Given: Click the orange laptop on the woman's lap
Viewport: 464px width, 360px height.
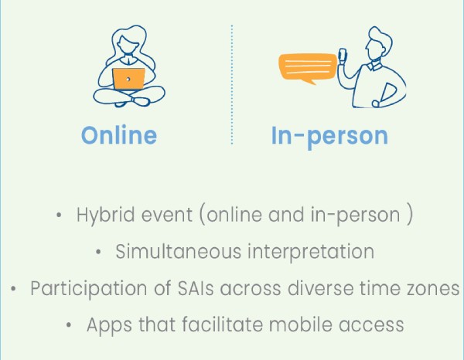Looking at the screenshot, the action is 128,79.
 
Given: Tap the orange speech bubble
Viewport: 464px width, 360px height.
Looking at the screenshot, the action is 308,68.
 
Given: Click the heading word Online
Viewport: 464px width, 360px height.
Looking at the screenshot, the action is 119,135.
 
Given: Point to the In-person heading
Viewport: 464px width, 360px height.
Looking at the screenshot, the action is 329,136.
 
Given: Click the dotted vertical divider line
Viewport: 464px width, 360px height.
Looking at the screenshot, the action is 232,85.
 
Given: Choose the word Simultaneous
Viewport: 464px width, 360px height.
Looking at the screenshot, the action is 179,252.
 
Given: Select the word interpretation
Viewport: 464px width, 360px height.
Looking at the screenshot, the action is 311,252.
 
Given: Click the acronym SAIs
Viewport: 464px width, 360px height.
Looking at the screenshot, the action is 196,288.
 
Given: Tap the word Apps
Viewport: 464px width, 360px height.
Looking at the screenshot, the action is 109,325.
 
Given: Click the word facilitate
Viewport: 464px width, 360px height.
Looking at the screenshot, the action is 222,324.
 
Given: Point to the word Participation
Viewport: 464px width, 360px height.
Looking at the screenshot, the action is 89,289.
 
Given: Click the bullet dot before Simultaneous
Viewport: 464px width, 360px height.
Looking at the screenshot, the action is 98,252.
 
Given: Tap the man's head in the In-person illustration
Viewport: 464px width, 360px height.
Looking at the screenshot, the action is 377,44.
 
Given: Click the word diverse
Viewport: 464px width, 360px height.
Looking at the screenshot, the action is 320,288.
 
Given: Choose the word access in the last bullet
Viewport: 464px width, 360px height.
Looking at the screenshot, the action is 371,325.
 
